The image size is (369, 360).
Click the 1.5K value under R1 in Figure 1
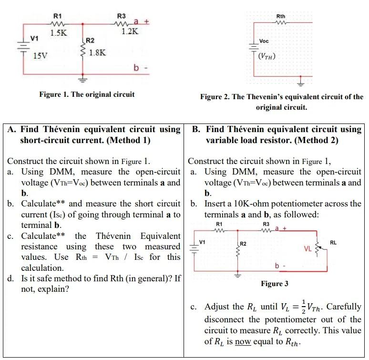click(x=59, y=32)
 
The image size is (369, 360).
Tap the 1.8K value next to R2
click(x=97, y=53)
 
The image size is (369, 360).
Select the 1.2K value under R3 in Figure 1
click(x=129, y=32)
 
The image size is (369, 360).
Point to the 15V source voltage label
click(x=40, y=56)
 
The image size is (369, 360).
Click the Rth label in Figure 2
click(x=281, y=17)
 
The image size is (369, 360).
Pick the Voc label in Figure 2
click(x=264, y=41)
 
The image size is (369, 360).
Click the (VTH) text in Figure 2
click(x=266, y=56)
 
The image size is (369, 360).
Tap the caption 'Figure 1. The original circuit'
click(x=87, y=94)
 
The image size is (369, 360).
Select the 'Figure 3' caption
click(x=274, y=284)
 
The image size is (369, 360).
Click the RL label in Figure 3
click(x=333, y=243)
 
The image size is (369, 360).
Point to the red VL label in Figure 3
click(x=308, y=248)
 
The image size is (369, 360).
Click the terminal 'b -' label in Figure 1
click(x=141, y=68)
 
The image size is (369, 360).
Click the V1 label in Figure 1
click(x=34, y=38)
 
